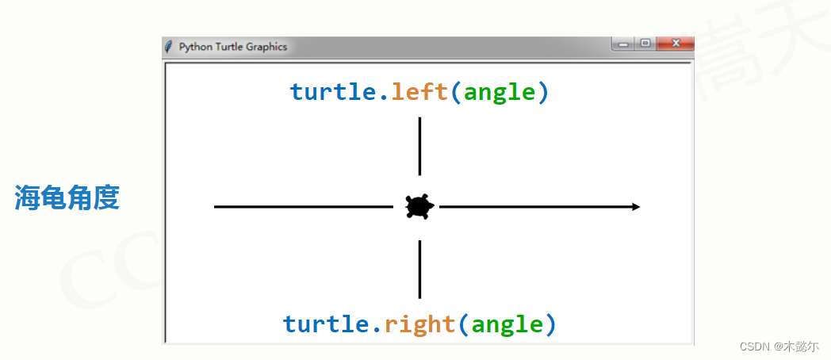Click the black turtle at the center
click(x=419, y=207)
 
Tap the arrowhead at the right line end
click(x=636, y=207)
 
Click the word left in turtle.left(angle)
click(x=419, y=92)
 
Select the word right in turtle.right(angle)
click(x=419, y=324)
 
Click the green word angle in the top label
click(x=500, y=92)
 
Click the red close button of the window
click(x=676, y=44)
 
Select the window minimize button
click(x=623, y=44)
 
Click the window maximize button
click(x=645, y=44)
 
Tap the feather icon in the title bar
click(x=168, y=47)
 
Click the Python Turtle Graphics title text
click(x=232, y=47)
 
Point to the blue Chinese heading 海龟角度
click(x=67, y=198)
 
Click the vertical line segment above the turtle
click(x=419, y=146)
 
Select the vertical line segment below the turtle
click(x=419, y=269)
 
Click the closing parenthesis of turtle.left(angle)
click(x=543, y=92)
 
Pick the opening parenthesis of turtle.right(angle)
click(x=462, y=324)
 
